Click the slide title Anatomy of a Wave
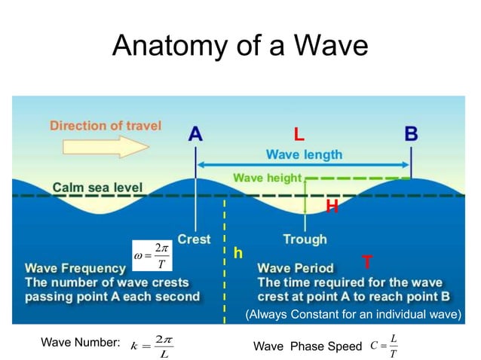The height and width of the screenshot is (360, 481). tap(240, 47)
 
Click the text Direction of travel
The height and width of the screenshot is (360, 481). tap(106, 126)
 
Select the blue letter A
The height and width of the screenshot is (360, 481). tap(195, 133)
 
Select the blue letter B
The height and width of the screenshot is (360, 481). tap(412, 133)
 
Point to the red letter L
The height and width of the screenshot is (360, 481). tap(299, 136)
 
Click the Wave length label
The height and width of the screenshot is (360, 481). tap(304, 154)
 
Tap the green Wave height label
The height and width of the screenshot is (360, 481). tap(267, 178)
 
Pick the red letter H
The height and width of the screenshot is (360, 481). tap(331, 206)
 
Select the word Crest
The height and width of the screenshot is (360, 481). tap(194, 239)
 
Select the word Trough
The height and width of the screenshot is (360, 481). tap(305, 239)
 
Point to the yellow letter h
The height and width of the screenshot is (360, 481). tap(237, 254)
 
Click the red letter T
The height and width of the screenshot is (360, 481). tap(366, 262)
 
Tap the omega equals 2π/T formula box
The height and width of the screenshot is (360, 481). tap(152, 255)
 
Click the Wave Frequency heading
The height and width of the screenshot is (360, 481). tap(77, 267)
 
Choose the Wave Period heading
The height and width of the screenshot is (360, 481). tap(295, 267)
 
